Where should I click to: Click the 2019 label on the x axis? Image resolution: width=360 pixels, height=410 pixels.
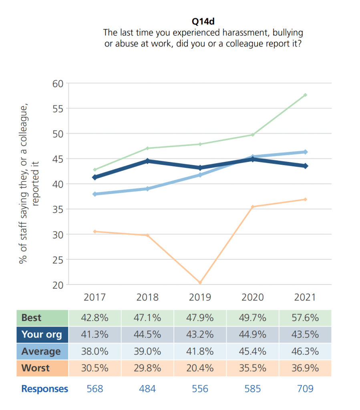(x=200, y=297)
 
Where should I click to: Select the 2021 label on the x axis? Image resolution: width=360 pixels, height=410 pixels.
(x=306, y=297)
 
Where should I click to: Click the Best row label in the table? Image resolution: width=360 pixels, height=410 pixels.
(x=31, y=318)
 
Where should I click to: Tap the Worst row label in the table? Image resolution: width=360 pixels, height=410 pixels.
(x=35, y=368)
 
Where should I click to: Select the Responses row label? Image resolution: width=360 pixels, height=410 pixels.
(x=44, y=389)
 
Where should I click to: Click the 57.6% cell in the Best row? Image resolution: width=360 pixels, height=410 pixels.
(x=306, y=318)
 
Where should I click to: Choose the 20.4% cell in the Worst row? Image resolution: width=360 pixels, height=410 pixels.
(x=200, y=368)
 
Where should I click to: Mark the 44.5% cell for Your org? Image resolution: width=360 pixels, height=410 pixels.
(x=147, y=335)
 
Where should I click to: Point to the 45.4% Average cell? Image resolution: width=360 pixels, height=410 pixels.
(x=253, y=351)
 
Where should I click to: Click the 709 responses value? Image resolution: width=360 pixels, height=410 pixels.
(x=306, y=389)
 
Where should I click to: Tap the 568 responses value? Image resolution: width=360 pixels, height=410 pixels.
(x=95, y=389)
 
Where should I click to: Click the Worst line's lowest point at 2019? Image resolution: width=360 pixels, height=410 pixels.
(x=200, y=283)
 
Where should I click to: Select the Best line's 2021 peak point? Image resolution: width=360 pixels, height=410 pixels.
(x=306, y=95)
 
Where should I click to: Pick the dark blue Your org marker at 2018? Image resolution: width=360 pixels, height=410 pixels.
(x=147, y=161)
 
